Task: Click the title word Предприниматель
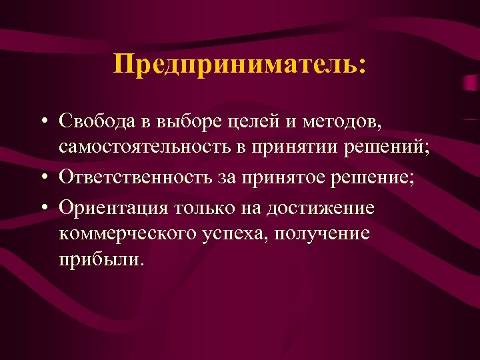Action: (x=239, y=66)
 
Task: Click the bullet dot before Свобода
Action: (x=43, y=121)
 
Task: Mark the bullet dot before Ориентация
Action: (x=43, y=207)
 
